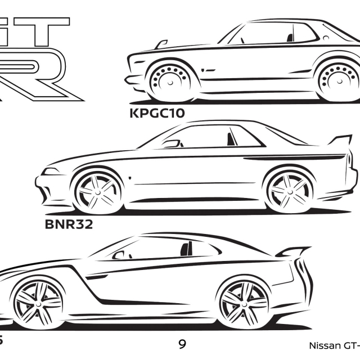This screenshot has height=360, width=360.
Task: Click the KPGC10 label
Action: coord(157,112)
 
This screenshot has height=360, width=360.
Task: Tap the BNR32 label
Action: coord(69,226)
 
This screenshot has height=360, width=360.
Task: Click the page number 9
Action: coord(182,343)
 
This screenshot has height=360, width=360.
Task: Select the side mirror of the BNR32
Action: coord(170,143)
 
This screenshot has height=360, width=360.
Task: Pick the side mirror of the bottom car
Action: coord(119,255)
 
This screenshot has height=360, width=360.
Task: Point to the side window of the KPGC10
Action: coord(264,35)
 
